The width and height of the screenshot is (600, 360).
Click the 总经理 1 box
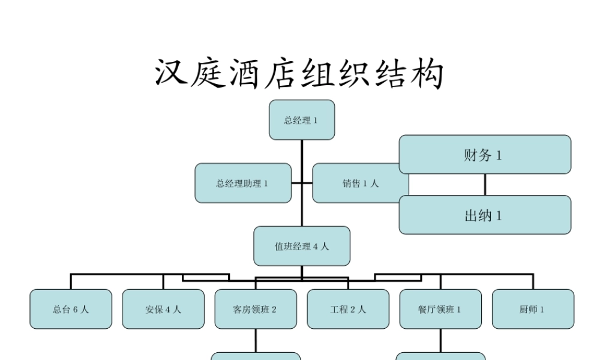tap(301, 120)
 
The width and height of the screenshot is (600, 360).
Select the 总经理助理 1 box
tap(243, 183)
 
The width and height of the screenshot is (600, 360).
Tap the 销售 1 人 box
tap(360, 183)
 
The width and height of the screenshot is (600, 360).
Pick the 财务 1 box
tap(485, 155)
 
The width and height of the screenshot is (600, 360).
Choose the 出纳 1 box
tap(485, 215)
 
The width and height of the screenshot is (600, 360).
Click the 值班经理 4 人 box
tap(302, 246)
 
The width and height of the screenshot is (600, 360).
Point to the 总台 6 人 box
tap(71, 309)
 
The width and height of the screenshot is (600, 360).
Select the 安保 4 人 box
tap(163, 309)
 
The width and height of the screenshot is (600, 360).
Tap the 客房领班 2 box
tap(256, 309)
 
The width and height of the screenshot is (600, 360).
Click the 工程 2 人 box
tap(348, 309)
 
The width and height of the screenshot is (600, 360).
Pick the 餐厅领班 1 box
tap(440, 309)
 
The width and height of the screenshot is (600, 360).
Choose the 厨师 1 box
tap(533, 309)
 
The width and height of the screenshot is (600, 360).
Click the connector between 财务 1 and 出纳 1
tap(485, 184)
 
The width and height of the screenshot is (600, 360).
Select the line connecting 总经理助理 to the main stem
tap(296, 183)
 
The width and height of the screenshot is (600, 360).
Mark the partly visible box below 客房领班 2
tap(256, 356)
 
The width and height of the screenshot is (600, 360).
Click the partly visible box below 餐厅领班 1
tap(440, 356)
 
